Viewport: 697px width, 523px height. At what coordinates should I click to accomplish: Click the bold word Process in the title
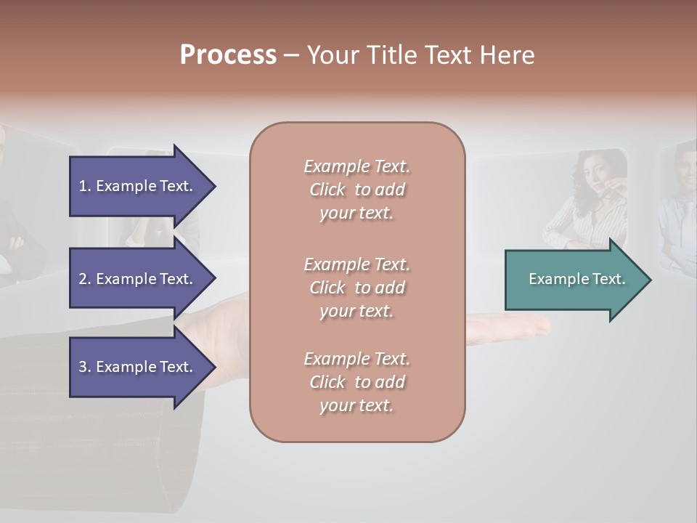tap(228, 55)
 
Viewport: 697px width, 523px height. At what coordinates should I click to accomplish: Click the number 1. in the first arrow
tap(85, 186)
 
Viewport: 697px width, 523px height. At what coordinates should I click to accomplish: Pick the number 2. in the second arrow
tap(85, 279)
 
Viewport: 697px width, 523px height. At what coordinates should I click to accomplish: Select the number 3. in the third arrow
tap(85, 367)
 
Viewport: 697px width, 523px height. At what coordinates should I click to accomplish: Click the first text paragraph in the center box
tap(356, 190)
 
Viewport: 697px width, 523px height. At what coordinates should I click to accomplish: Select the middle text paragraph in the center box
tap(356, 288)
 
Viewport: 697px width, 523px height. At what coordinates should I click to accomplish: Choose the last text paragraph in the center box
tap(356, 382)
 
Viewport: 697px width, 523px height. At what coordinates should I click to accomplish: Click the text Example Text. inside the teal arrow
tap(577, 279)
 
